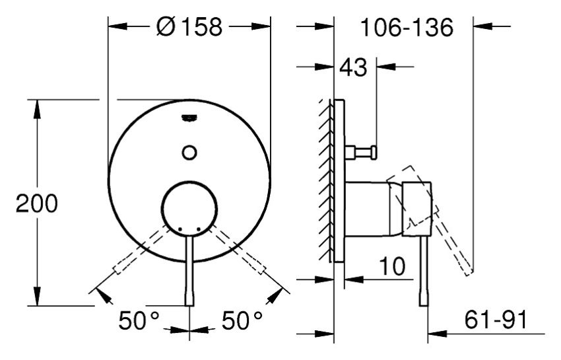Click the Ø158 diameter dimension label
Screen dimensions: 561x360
coord(189,26)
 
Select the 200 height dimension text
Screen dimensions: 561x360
coord(37,203)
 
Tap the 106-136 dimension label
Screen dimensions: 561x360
coord(407,27)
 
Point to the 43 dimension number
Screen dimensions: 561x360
coord(353,67)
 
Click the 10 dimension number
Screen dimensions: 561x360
coord(392,266)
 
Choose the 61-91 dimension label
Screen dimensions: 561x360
coord(496,320)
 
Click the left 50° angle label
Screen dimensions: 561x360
coord(139,320)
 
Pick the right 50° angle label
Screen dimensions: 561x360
coord(242,320)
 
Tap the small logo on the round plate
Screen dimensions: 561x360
coord(189,118)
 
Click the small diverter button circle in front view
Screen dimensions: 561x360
coord(189,153)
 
